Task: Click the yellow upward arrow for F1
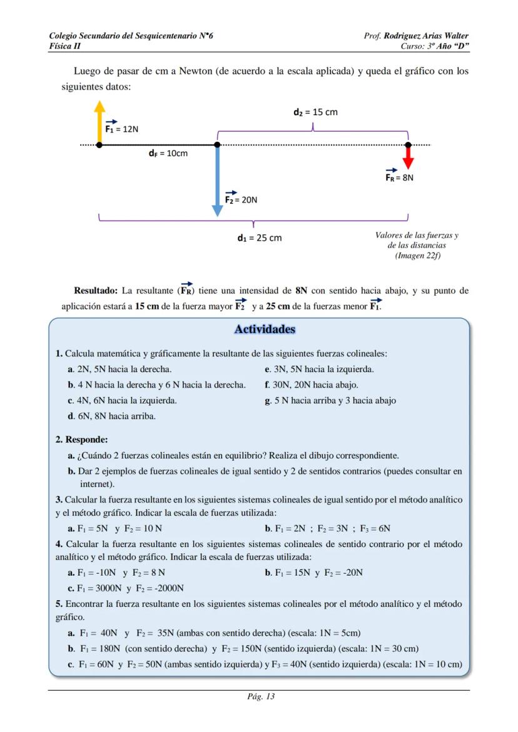point(99,122)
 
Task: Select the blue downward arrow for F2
point(217,181)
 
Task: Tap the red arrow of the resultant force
point(408,156)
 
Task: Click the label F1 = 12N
point(121,128)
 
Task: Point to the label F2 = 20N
point(240,199)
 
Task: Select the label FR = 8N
point(399,176)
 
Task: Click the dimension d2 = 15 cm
point(315,113)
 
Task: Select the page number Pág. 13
point(258,696)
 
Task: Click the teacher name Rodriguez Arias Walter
point(426,36)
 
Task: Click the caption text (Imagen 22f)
point(417,255)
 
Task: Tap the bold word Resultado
point(95,291)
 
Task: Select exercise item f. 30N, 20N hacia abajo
point(311,384)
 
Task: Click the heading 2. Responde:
point(82,439)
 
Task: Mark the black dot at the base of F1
point(99,145)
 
